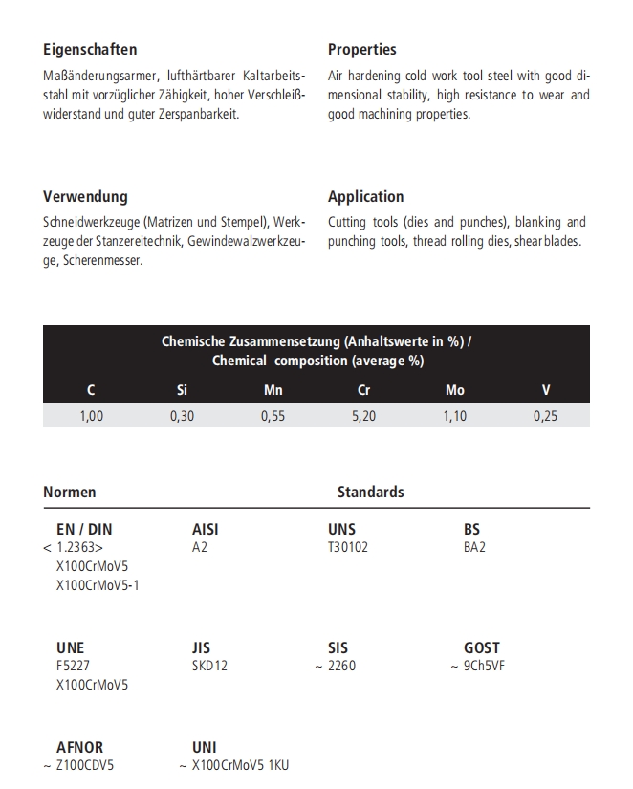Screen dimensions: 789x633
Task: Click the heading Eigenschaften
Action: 90,49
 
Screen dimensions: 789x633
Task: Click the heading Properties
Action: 361,49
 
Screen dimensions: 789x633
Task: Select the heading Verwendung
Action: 85,196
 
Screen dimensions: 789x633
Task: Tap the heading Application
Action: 365,196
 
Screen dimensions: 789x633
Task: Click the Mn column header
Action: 273,390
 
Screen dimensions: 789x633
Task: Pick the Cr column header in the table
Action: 363,390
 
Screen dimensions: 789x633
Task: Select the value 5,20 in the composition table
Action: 363,416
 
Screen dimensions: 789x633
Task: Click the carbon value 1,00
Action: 91,416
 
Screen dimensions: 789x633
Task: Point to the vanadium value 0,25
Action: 546,416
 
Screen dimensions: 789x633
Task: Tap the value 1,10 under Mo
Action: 455,416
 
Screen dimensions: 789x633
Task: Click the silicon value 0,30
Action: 182,416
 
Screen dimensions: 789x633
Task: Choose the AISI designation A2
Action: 200,547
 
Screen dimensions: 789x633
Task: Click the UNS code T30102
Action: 348,547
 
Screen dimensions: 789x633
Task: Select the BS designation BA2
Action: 474,547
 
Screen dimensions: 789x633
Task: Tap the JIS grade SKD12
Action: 209,666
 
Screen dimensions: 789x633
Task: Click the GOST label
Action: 482,647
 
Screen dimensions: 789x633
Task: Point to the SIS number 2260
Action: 340,666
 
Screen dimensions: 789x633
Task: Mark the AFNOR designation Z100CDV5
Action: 85,765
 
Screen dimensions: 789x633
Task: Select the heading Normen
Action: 70,492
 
